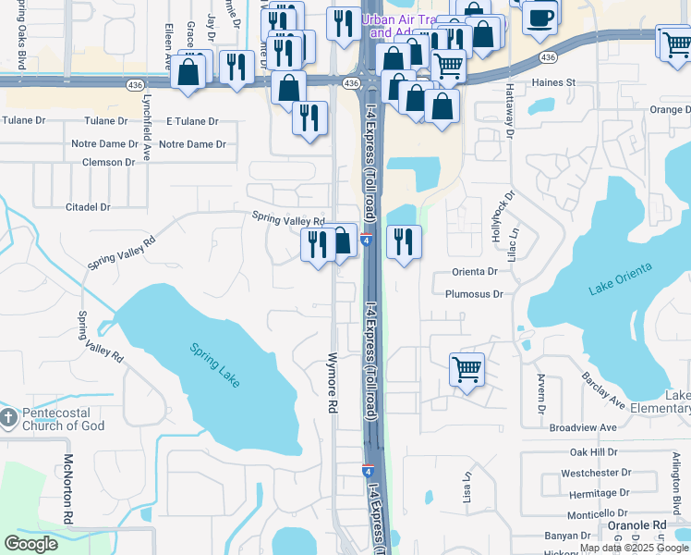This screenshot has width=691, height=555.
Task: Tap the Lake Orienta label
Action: coord(620,278)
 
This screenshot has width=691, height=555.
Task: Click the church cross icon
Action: coord(8,418)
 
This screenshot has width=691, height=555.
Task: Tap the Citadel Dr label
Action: coord(88,207)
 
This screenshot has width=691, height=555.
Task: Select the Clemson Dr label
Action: coord(108,162)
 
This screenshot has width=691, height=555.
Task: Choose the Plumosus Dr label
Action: coord(473,294)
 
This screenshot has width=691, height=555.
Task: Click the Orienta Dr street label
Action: coord(475,272)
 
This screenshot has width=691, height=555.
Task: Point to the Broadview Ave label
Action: coord(582,428)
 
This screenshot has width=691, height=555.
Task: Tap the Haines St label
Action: coord(552,82)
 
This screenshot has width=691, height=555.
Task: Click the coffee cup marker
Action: coord(539,16)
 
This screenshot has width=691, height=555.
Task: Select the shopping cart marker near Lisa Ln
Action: coord(467,369)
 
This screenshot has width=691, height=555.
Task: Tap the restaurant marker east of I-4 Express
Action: coord(404,241)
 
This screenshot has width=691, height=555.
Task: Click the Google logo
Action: coord(30,544)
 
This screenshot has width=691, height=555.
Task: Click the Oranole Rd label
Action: coord(636,525)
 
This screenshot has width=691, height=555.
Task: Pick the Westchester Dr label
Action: coord(595,473)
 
